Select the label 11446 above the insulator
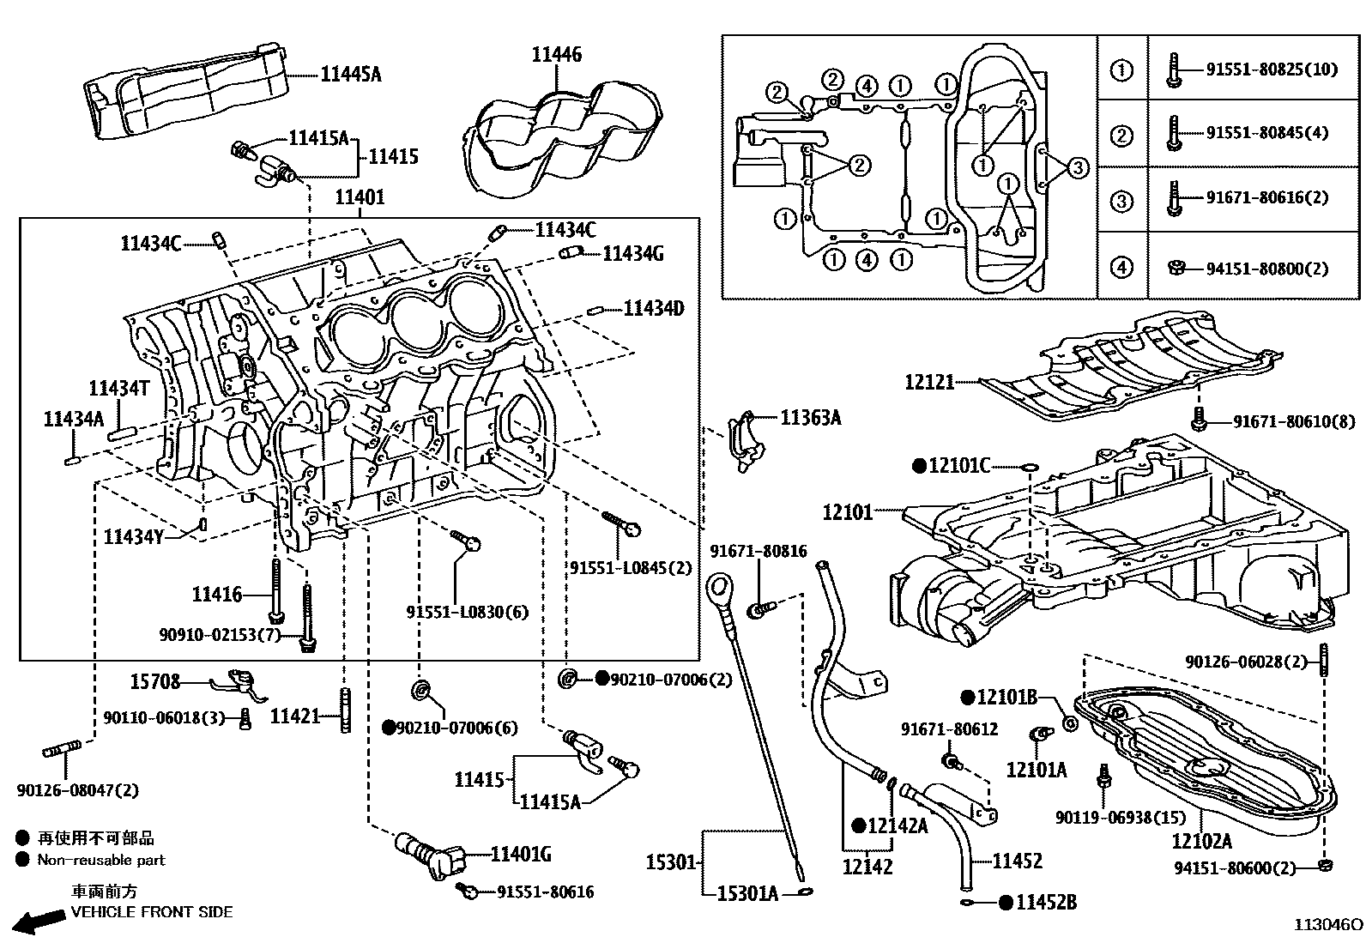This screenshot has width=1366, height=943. pos(556,55)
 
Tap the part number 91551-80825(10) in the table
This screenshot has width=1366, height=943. pos(1272,70)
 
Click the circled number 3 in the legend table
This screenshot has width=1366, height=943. pos(1121,202)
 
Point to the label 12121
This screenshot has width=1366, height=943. pos(929,382)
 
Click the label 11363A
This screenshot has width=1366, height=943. pos(810,418)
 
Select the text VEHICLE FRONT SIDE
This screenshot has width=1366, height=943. pos(151,912)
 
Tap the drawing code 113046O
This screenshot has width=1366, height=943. pos(1328,925)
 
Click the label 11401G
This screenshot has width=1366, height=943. pos(520,855)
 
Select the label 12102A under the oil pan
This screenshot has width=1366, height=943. pos(1201,842)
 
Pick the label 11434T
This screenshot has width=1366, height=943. pos(119,389)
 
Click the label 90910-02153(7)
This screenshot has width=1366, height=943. pos(220,634)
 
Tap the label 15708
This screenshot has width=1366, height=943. pos(155,682)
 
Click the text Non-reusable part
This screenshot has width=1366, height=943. pos(100,860)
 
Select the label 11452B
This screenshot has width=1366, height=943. pos(1046,902)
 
